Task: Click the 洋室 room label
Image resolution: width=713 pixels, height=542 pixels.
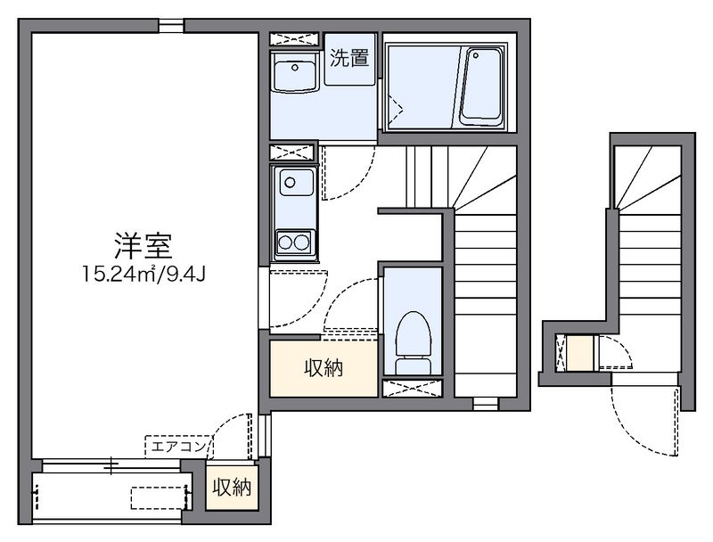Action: point(143,246)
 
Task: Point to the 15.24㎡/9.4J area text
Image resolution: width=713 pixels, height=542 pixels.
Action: point(143,275)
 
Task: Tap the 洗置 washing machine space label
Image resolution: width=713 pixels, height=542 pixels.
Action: point(349,58)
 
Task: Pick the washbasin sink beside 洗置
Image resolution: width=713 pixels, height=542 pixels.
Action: point(295,72)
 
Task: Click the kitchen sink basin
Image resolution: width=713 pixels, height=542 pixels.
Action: point(297,182)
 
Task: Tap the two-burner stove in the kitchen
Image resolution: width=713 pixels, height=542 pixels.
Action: point(294,242)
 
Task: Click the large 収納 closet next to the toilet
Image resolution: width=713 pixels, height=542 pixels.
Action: point(324,368)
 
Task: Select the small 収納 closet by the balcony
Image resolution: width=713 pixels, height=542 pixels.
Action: point(232,488)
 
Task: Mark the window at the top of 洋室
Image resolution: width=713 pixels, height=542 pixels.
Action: point(171,26)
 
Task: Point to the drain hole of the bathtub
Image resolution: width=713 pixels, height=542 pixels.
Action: point(476,55)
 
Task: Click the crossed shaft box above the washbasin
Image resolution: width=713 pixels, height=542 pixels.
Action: point(294,39)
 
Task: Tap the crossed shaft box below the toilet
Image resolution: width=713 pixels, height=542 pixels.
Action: point(413,388)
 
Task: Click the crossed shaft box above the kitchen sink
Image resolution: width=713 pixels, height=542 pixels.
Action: point(292,152)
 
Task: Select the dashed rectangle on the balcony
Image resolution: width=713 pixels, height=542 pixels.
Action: point(159,498)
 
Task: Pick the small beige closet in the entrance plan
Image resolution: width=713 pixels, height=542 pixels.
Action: point(580,352)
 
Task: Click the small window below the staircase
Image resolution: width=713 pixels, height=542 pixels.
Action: point(485,403)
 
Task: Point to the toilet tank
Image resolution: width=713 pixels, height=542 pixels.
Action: point(413,366)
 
